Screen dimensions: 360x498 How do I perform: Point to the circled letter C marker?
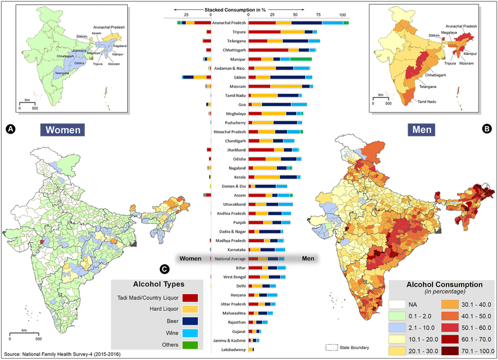pos(165,269)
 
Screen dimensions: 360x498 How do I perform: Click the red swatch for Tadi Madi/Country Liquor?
pos(189,298)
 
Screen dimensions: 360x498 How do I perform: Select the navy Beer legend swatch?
pos(189,321)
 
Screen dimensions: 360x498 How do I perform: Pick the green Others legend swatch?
pos(189,345)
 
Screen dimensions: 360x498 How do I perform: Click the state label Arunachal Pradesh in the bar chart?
pos(228,22)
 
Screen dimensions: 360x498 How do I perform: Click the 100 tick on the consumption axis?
pos(343,16)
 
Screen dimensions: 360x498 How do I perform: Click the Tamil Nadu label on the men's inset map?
pos(429,102)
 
